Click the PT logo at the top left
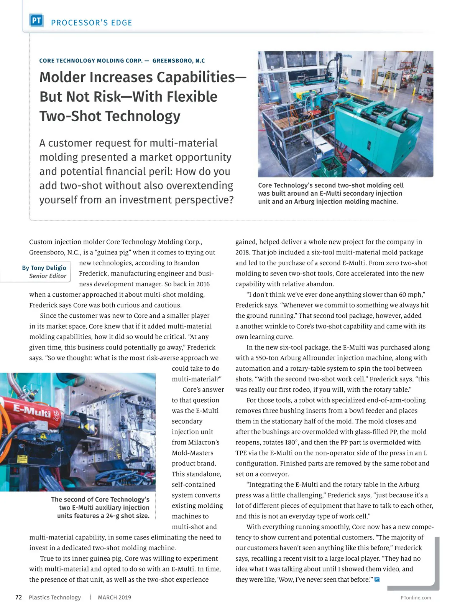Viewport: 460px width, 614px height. click(36, 20)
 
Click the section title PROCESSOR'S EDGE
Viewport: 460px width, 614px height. click(91, 23)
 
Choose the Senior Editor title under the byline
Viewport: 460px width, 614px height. click(48, 276)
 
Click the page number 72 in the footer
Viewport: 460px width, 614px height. click(18, 597)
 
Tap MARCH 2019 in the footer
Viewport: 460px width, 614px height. click(114, 597)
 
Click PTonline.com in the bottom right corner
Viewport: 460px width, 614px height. click(416, 597)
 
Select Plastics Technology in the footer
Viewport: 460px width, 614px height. click(55, 597)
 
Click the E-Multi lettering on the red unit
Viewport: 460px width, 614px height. click(33, 411)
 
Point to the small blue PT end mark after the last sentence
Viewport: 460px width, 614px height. click(377, 579)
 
